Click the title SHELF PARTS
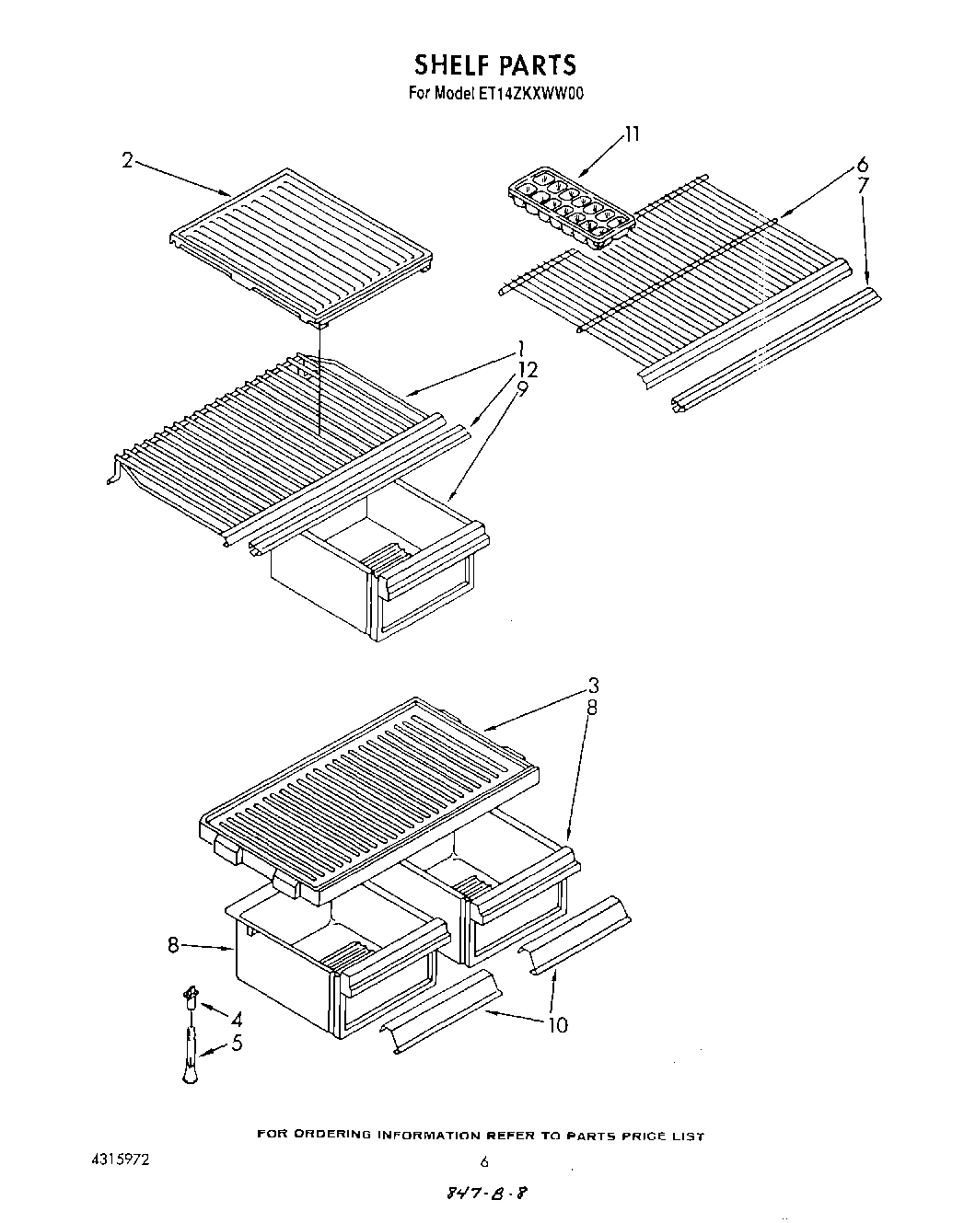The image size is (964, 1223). pyautogui.click(x=494, y=64)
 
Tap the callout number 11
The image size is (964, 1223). pyautogui.click(x=632, y=134)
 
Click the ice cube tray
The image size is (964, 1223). pyautogui.click(x=572, y=205)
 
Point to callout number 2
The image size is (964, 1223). pyautogui.click(x=128, y=159)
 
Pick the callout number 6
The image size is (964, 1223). pyautogui.click(x=862, y=166)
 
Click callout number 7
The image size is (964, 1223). pyautogui.click(x=863, y=186)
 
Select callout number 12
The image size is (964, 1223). pyautogui.click(x=528, y=369)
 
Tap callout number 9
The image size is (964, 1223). pyautogui.click(x=522, y=388)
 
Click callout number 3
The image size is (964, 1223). pyautogui.click(x=594, y=686)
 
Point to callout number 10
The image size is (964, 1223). pyautogui.click(x=558, y=1024)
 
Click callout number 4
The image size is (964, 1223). pyautogui.click(x=237, y=1019)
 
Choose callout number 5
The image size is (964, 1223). pyautogui.click(x=237, y=1044)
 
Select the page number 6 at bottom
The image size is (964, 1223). pyautogui.click(x=483, y=1162)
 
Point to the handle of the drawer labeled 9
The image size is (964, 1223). pyautogui.click(x=430, y=575)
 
